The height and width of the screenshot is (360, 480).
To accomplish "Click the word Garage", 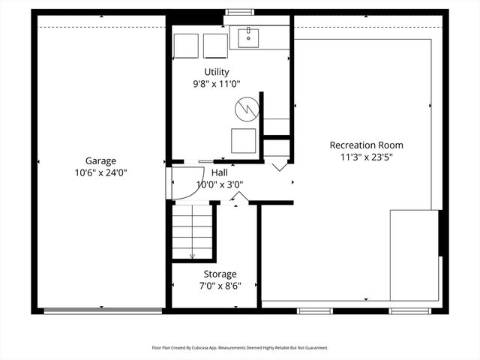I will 100,160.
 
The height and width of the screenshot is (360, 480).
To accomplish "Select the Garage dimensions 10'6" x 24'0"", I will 100,172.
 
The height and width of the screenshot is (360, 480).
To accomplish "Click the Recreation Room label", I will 366,145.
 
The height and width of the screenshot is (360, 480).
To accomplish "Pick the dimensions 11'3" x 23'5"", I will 366,157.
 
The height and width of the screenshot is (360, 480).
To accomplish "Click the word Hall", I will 220,172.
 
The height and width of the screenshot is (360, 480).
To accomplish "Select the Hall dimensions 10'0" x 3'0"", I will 220,184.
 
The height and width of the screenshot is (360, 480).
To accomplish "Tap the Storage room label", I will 220,274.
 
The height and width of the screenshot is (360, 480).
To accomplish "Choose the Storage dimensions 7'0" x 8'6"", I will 220,286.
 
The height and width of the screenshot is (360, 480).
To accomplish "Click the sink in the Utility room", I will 250,36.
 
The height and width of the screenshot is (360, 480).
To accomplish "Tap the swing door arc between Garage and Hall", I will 182,184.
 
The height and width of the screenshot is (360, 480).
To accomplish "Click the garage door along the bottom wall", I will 103,310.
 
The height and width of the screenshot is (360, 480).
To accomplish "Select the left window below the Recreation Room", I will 314,310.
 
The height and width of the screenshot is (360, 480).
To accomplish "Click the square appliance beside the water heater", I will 243,140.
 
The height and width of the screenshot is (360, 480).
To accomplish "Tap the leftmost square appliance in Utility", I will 187,45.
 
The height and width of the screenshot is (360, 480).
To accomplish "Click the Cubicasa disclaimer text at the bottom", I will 240,348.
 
